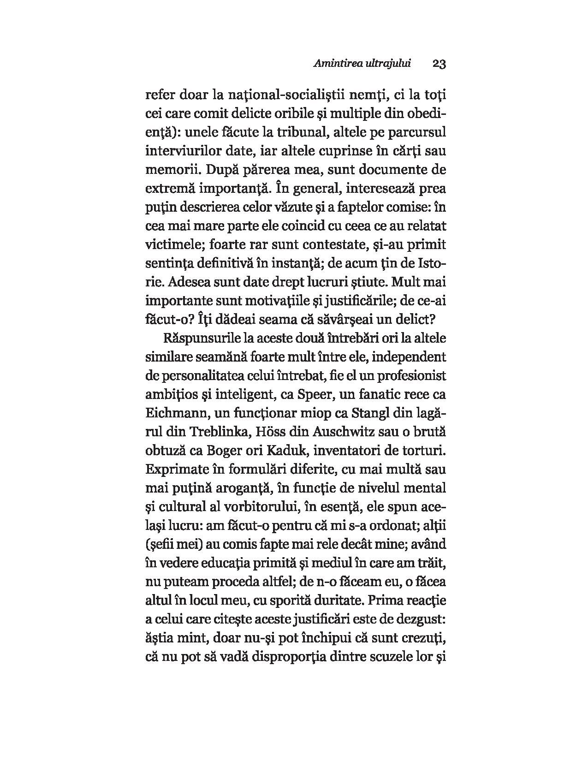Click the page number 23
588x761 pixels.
tap(439, 64)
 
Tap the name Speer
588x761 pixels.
tap(315, 395)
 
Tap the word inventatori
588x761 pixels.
tap(353, 451)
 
